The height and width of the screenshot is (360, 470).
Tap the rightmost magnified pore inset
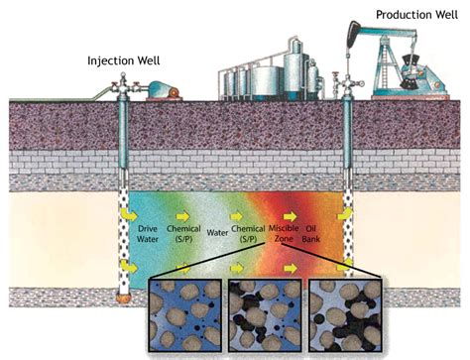click(x=343, y=316)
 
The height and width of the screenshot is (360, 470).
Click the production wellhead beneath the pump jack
click(x=349, y=94)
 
